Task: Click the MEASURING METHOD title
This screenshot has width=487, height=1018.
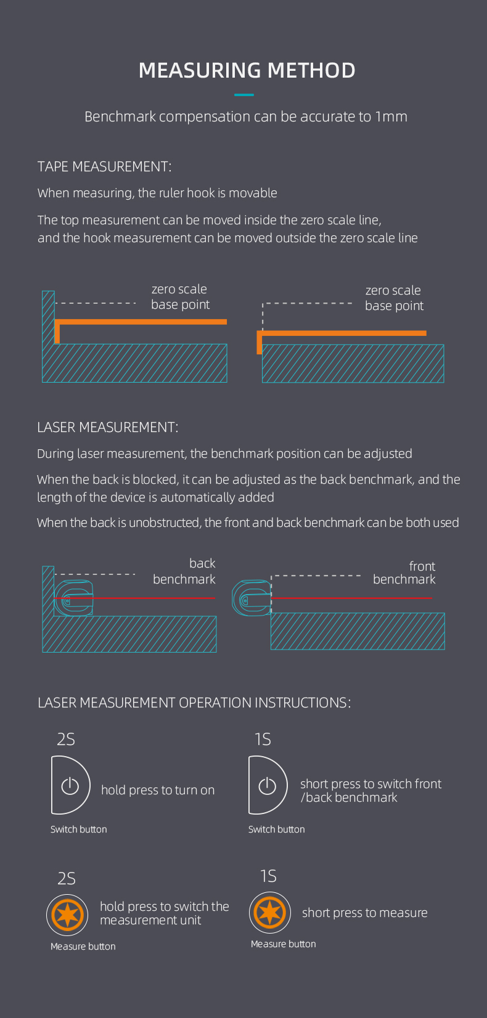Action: [247, 70]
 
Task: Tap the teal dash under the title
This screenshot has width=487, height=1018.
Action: [244, 95]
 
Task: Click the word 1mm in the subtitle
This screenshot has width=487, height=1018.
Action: [391, 116]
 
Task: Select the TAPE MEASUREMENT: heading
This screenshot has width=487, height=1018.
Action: [104, 166]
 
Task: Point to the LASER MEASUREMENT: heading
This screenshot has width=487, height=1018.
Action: [107, 427]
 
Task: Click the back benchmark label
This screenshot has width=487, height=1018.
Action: [184, 571]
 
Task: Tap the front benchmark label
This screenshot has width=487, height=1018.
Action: [404, 572]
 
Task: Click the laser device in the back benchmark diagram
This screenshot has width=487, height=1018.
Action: [74, 598]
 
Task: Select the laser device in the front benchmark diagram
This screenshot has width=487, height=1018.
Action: [251, 598]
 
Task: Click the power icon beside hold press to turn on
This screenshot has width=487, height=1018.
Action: [70, 786]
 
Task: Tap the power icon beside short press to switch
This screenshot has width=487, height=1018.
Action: [267, 786]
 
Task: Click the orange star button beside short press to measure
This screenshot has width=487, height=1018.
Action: [270, 913]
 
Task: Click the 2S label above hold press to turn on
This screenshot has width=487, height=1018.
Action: [66, 739]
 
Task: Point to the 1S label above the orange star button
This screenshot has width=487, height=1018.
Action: [268, 876]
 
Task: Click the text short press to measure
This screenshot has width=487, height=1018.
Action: [364, 913]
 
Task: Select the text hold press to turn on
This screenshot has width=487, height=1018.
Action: [158, 790]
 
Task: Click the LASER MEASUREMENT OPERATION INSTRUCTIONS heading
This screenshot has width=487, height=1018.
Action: [194, 702]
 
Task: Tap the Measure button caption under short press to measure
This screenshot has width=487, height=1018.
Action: [283, 944]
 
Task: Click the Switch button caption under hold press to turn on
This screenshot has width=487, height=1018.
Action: [79, 829]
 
